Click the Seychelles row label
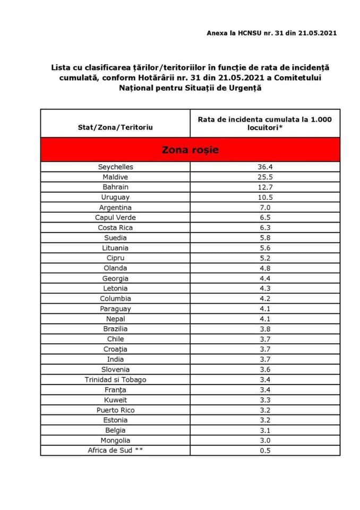coord(115,167)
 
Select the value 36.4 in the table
coord(264,167)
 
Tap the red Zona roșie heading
coord(190,150)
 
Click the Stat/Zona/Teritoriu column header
coord(115,127)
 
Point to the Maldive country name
coord(115,177)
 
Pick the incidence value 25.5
coord(264,177)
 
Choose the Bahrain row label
coord(115,187)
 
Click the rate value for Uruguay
coord(264,197)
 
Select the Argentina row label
coord(115,207)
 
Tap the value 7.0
coord(264,207)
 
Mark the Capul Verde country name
coord(115,217)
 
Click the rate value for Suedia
coord(264,237)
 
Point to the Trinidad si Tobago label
coord(115,379)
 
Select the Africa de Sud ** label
coord(115,450)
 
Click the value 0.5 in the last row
coord(264,450)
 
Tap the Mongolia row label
coord(115,440)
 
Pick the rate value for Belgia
coord(264,430)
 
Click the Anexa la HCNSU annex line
coord(271,33)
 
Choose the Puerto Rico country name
coord(115,410)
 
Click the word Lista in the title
coord(60,67)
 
